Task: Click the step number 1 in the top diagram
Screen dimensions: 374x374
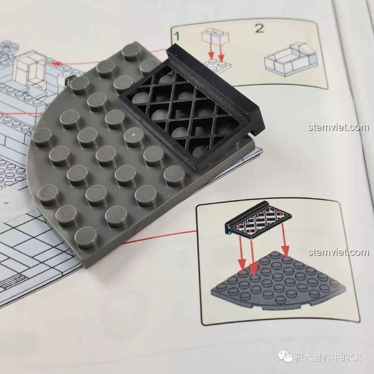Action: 177,36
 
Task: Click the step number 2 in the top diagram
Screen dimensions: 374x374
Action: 259,28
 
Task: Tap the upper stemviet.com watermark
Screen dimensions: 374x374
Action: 338,127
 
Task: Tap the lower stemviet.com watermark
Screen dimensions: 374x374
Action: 338,252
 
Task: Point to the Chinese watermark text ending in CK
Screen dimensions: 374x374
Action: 328,357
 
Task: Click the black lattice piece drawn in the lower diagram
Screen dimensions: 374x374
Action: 258,219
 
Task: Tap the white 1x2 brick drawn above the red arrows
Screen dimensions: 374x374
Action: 215,37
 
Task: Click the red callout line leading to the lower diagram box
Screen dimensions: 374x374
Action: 160,237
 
